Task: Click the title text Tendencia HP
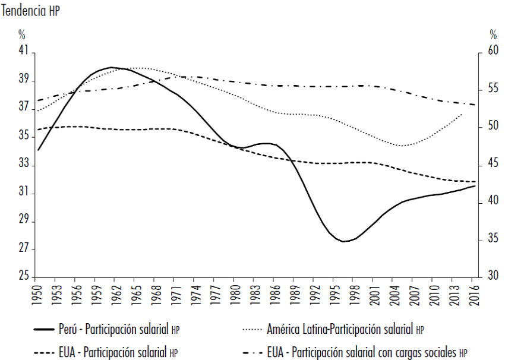(x=31, y=11)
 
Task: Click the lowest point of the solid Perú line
(x=344, y=241)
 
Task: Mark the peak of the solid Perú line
(x=111, y=67)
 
